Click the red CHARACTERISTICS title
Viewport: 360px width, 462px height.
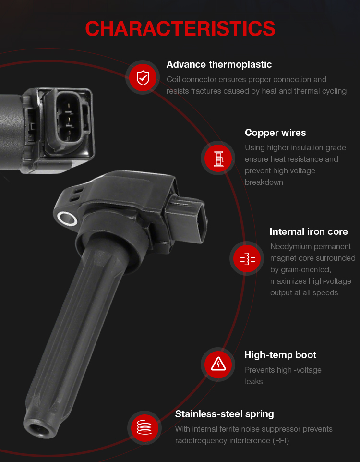[180, 29]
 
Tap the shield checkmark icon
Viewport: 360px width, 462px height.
[143, 78]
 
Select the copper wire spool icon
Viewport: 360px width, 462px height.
[218, 158]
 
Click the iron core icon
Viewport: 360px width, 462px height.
[248, 259]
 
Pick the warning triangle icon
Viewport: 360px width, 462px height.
[218, 364]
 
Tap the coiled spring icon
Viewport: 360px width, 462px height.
[144, 427]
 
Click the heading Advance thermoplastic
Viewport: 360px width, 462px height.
[219, 64]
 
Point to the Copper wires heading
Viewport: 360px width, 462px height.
[275, 133]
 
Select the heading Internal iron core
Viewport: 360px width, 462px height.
[309, 231]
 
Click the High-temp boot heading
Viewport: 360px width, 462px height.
[280, 355]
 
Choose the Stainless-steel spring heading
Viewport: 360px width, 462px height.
[224, 414]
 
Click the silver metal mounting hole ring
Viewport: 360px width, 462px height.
[67, 219]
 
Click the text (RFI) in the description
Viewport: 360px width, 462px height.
[280, 441]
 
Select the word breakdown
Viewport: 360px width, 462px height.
[264, 182]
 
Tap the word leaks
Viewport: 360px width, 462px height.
[253, 382]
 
